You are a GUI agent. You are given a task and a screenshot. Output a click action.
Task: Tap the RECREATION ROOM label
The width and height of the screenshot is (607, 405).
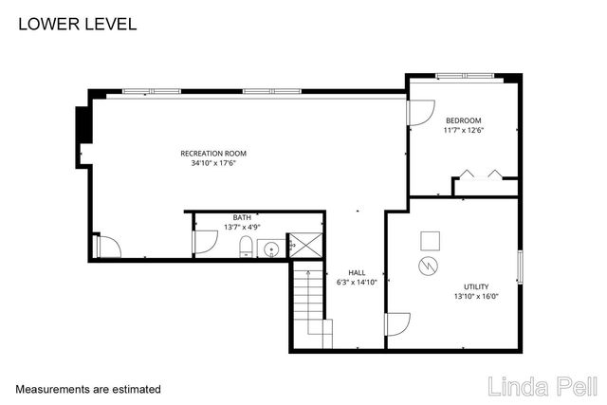(x=213, y=153)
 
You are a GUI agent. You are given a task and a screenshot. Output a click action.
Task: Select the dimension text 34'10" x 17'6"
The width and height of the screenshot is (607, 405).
(x=213, y=163)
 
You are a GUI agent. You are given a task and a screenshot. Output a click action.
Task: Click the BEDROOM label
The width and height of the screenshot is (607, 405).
(x=464, y=120)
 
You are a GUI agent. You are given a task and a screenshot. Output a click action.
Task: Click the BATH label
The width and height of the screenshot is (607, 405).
(x=243, y=217)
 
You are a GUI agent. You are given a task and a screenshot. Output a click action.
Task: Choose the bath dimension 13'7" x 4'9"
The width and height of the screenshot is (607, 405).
(x=243, y=227)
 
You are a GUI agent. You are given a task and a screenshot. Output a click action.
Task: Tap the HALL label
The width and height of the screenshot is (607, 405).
(x=356, y=272)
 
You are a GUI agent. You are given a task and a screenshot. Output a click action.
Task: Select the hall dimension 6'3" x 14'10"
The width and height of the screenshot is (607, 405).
(x=357, y=282)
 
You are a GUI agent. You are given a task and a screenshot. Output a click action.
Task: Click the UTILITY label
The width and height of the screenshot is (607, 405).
(x=476, y=286)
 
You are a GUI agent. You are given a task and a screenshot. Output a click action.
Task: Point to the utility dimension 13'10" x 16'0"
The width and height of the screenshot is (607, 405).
(x=476, y=297)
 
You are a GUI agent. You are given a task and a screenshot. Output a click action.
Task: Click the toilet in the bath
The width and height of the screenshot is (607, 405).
(x=247, y=249)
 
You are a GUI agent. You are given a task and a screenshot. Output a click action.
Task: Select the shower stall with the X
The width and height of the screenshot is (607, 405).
(x=303, y=245)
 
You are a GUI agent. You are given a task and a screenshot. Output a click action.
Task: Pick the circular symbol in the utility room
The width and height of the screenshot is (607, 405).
(x=429, y=266)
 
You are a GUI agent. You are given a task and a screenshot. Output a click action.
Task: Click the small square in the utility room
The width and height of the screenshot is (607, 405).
(x=430, y=239)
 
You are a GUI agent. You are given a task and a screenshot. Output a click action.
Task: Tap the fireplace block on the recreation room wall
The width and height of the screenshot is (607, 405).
(x=83, y=122)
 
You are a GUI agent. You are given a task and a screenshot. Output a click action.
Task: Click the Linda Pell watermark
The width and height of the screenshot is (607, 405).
(x=542, y=385)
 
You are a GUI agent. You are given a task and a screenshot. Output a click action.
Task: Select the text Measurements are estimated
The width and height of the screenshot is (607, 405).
(x=88, y=389)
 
